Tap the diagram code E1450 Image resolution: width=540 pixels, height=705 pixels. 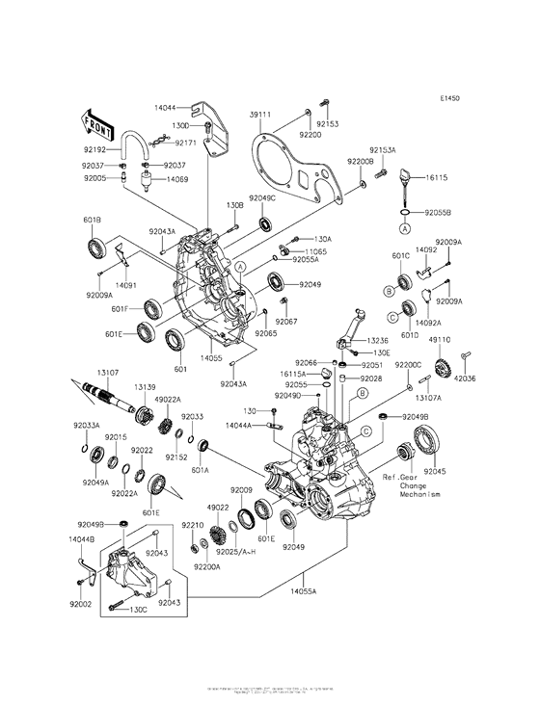(450, 97)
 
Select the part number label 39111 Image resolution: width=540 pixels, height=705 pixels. (261, 114)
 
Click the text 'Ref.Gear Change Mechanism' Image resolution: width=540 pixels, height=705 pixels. (411, 485)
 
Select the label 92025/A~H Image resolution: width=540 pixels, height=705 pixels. (235, 551)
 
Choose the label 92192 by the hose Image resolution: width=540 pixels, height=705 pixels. (95, 150)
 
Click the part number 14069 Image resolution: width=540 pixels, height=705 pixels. (177, 179)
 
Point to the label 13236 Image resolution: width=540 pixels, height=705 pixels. (377, 341)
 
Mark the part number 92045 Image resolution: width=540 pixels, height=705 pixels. (436, 471)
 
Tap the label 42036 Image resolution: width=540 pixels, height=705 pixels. (466, 379)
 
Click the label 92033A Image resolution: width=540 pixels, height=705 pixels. (85, 424)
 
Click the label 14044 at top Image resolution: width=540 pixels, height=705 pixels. (165, 109)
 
